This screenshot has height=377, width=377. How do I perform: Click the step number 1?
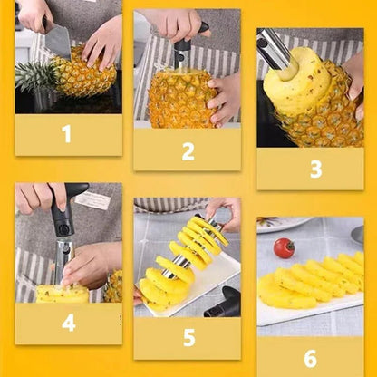[x=66, y=135]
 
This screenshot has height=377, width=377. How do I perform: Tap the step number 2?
[x=188, y=150]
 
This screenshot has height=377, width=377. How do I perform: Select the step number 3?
[x=315, y=169]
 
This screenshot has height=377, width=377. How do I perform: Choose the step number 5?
[x=188, y=338]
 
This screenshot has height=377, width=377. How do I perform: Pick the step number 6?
[x=310, y=358]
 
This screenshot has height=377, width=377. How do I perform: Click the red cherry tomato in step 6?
[x=284, y=247]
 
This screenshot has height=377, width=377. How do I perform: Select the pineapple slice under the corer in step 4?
[x=61, y=294]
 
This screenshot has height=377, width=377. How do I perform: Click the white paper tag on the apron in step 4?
[x=92, y=200]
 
